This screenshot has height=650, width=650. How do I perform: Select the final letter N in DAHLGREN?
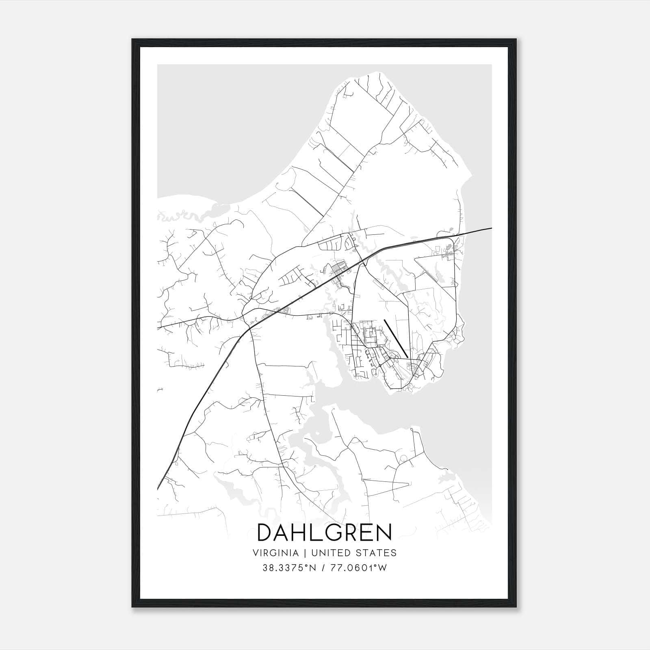383,532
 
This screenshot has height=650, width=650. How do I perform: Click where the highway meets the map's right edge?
491,228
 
